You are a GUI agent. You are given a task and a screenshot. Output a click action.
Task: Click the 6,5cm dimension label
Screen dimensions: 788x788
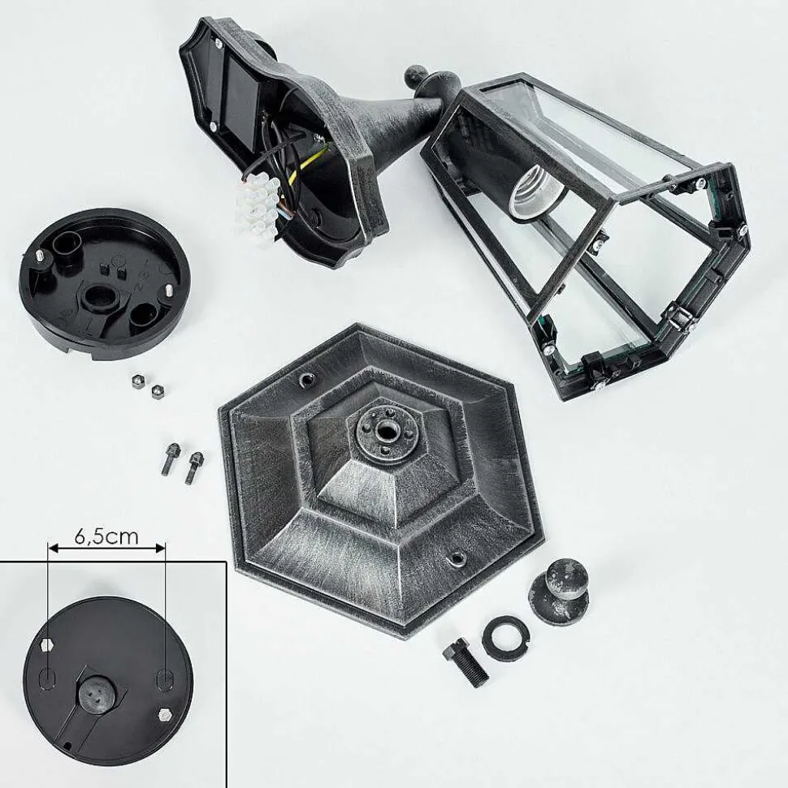tap(106, 536)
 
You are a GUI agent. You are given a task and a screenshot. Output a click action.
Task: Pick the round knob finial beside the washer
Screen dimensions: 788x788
tap(560, 591)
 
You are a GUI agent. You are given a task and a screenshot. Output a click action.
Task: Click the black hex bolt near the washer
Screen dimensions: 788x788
tap(465, 662)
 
